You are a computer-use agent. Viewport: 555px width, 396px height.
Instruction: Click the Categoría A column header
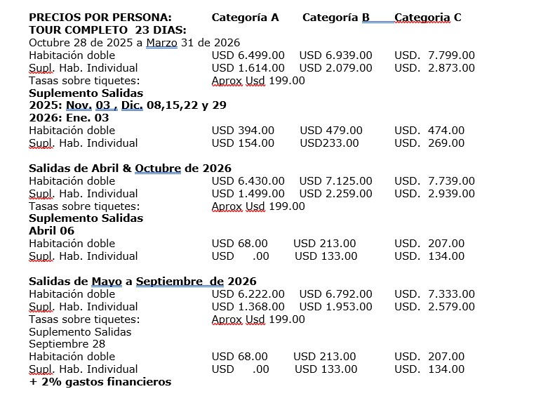tap(245, 18)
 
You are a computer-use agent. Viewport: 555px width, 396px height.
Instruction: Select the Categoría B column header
tap(336, 18)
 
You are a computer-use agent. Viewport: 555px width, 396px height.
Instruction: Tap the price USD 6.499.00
tap(248, 55)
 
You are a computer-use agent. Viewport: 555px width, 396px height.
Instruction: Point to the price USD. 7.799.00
tap(434, 55)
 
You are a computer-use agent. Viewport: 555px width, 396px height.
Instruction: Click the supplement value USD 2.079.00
tap(336, 68)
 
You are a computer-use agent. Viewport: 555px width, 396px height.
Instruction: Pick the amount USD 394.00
tap(243, 131)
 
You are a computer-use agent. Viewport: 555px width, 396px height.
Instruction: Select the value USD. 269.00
tap(429, 143)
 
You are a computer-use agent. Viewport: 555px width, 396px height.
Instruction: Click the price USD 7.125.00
tap(336, 181)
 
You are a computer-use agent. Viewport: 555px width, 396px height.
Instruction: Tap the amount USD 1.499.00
tap(248, 194)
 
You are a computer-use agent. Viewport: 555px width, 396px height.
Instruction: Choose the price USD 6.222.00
tap(248, 294)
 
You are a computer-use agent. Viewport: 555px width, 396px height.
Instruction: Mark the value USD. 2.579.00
tap(434, 307)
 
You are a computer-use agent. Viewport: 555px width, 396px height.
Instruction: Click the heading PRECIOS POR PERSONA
tap(100, 18)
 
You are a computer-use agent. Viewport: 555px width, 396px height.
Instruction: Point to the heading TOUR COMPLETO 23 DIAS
tap(107, 30)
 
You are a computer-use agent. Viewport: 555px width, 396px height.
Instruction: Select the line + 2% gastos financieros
tap(100, 382)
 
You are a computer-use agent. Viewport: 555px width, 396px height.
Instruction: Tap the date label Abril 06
tap(51, 231)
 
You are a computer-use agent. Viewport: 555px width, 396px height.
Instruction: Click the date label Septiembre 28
tap(67, 344)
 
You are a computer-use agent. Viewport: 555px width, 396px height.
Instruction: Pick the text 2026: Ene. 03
tap(69, 118)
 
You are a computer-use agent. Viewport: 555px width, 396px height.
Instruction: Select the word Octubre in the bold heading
tap(158, 169)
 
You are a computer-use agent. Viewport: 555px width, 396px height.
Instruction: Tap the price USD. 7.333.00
tap(434, 294)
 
